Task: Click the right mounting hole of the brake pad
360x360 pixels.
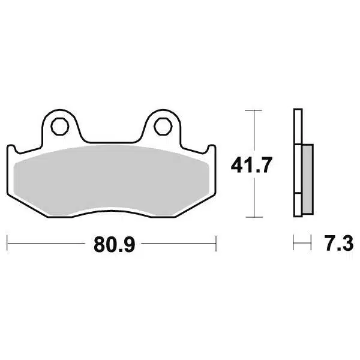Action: tap(161, 126)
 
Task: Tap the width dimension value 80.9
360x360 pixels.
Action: tap(112, 244)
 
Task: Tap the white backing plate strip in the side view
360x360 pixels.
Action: tap(297, 162)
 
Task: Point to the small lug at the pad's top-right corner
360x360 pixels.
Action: tap(211, 149)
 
